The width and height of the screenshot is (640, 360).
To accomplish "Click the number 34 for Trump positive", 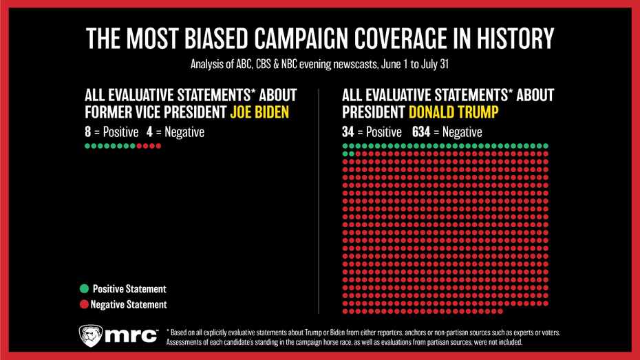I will (348, 131).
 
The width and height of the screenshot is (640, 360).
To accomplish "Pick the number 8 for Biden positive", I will (87, 131).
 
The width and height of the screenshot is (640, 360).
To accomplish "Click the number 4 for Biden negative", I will (149, 131).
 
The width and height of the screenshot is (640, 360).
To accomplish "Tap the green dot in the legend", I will (84, 289).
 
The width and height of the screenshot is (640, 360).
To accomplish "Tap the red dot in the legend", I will (84, 304).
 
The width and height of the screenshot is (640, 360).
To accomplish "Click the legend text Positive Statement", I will (129, 289).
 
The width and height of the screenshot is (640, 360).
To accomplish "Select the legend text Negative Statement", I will (129, 304).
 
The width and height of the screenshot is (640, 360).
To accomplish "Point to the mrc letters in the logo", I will (134, 337).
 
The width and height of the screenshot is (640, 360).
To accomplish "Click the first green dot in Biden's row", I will (86, 146).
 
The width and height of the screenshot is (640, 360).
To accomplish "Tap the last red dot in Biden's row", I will (159, 146).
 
